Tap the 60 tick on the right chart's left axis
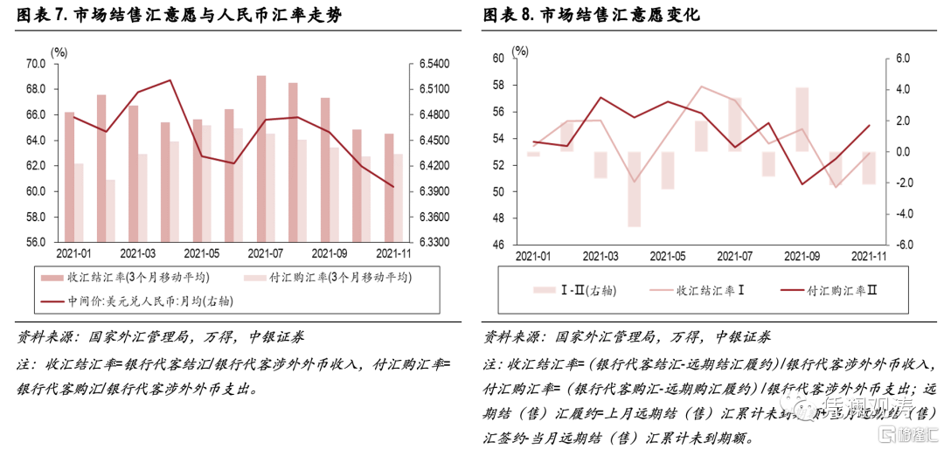[499, 59]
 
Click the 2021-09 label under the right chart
[802, 256]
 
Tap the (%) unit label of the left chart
[59, 52]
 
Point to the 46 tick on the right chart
[499, 245]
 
